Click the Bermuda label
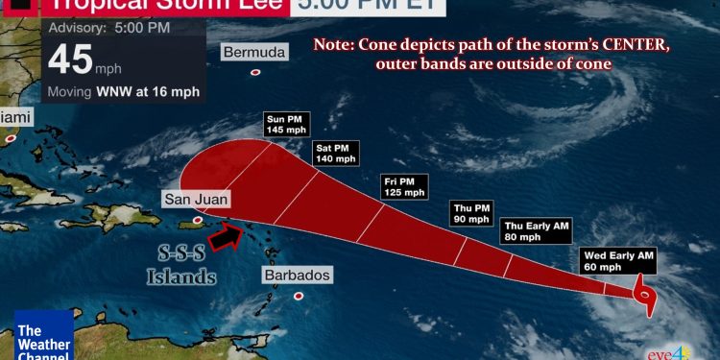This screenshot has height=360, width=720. click(253, 51)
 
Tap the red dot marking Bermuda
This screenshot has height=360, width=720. click(255, 72)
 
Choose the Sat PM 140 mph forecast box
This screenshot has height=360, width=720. click(334, 153)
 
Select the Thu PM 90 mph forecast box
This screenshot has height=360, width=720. click(471, 212)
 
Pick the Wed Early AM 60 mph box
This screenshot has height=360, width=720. click(617, 260)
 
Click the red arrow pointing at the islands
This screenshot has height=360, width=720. click(226, 236)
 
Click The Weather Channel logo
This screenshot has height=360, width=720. click(43, 337)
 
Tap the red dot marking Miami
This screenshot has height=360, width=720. click(11, 138)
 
